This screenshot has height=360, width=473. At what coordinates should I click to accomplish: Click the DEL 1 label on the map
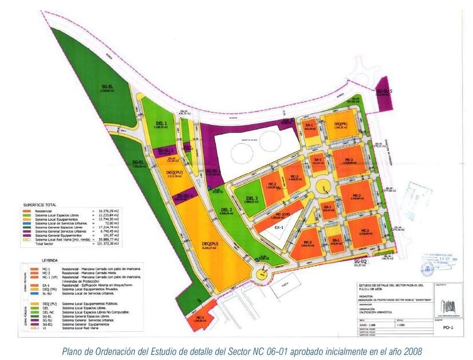click(162, 123)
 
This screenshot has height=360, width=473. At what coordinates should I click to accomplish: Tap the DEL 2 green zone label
click(226, 209)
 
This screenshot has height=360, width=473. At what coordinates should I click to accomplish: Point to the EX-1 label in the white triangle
click(279, 227)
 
